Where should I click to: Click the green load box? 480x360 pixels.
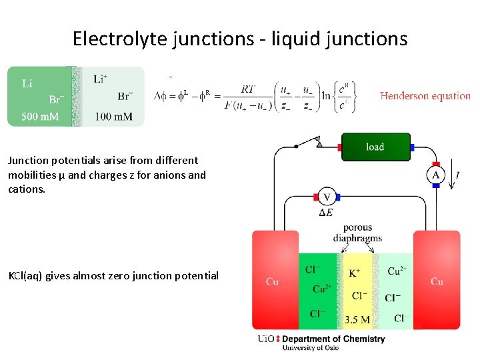pyautogui.click(x=375, y=147)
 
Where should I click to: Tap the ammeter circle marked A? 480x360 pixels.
pyautogui.click(x=436, y=175)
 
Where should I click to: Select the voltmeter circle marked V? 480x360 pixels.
pyautogui.click(x=327, y=197)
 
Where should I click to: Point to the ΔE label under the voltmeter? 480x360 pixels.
pyautogui.click(x=326, y=213)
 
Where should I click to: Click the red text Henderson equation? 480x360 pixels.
pyautogui.click(x=425, y=96)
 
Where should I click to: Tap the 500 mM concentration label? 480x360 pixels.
pyautogui.click(x=40, y=117)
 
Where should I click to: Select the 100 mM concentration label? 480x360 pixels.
pyautogui.click(x=113, y=117)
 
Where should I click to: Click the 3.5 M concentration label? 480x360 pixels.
pyautogui.click(x=357, y=319)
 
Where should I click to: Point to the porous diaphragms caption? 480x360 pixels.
pyautogui.click(x=357, y=233)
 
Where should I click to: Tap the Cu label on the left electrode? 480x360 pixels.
pyautogui.click(x=272, y=281)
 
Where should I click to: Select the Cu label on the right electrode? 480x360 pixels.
pyautogui.click(x=437, y=281)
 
